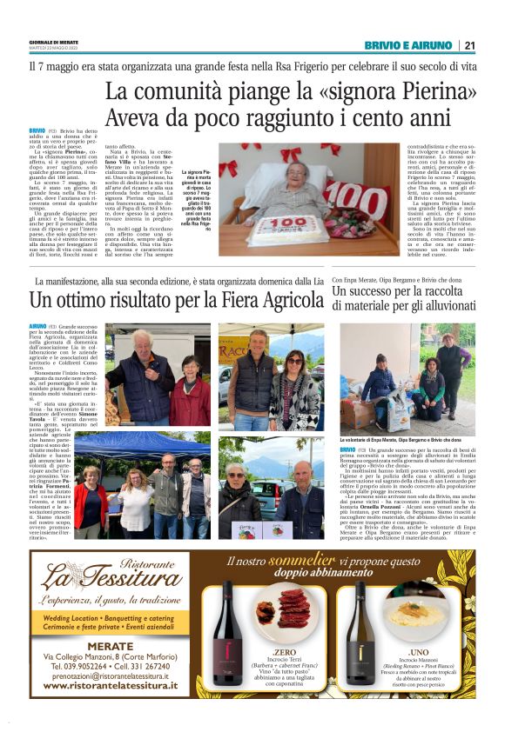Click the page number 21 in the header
(469, 45)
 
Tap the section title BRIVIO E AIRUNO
(408, 45)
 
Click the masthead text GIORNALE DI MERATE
(52, 41)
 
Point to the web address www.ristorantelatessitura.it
(110, 686)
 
